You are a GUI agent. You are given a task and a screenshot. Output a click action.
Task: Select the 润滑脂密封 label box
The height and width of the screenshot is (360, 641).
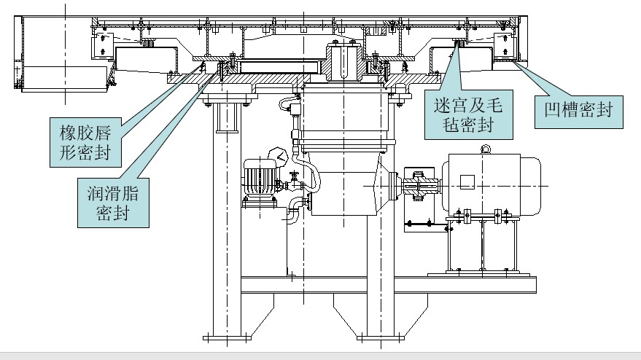point(112,203)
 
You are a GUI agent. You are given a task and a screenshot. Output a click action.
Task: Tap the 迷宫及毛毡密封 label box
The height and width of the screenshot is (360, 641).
point(467,114)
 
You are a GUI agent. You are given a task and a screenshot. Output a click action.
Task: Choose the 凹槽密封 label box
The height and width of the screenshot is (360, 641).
point(579,111)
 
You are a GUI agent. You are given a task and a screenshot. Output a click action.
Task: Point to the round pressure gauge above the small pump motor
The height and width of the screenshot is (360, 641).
point(276,154)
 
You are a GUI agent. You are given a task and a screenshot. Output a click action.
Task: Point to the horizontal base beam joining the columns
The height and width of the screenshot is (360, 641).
point(386,284)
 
